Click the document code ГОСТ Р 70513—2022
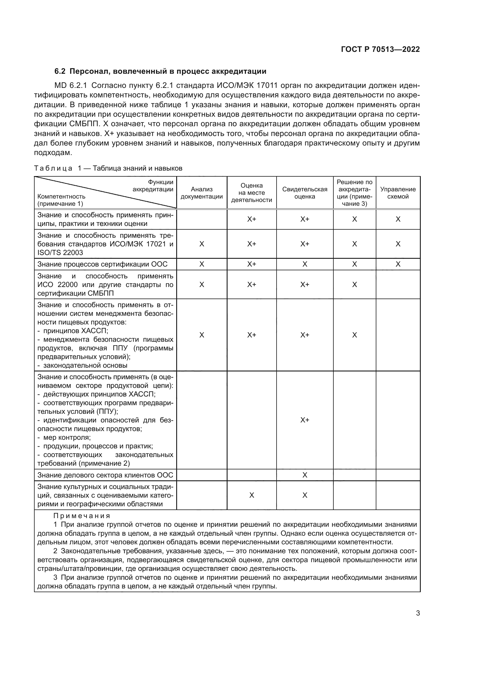380,49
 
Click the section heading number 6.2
60,71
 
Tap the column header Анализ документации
202,193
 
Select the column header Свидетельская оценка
305,193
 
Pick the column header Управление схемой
398,193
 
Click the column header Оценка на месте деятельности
251,193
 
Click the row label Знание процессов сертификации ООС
102,264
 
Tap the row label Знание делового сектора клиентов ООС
105,475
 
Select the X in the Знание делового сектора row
305,475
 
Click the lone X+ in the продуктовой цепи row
305,420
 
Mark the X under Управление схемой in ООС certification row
398,264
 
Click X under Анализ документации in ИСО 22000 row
202,285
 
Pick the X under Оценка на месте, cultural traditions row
251,496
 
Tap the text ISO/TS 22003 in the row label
60,253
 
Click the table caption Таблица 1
56,168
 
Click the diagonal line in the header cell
106,192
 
